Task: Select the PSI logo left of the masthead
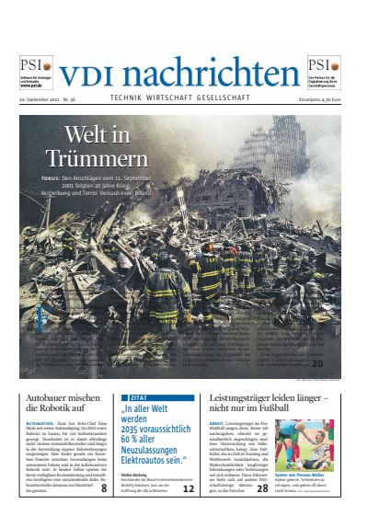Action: click(x=36, y=65)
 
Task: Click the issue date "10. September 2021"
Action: click(x=41, y=98)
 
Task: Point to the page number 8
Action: click(x=103, y=488)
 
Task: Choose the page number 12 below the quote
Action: click(x=188, y=488)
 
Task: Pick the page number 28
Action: click(x=262, y=488)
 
